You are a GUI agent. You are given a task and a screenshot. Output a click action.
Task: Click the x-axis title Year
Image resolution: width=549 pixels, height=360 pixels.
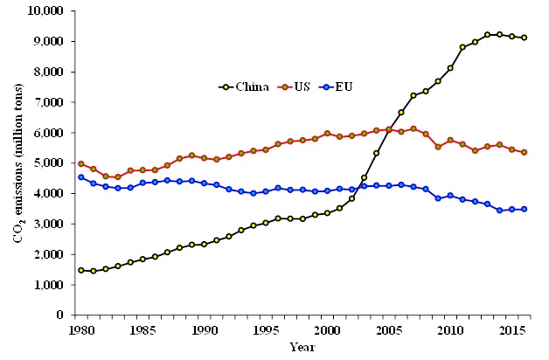click(x=302, y=348)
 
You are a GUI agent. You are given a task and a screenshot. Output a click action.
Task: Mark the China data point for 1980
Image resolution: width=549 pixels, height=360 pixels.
click(x=80, y=270)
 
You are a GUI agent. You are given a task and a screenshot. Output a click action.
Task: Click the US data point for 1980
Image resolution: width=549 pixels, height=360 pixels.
click(x=80, y=163)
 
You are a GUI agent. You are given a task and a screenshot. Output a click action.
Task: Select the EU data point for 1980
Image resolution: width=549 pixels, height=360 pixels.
click(x=80, y=177)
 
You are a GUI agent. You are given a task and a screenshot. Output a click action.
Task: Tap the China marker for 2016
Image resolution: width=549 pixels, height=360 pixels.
click(x=524, y=38)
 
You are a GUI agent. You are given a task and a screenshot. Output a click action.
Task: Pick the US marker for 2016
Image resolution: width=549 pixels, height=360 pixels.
click(x=524, y=152)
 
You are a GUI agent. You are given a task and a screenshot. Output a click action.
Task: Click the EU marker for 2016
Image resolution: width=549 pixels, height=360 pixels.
click(x=524, y=209)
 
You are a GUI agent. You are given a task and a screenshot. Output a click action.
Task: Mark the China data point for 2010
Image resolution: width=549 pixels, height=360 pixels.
click(x=450, y=67)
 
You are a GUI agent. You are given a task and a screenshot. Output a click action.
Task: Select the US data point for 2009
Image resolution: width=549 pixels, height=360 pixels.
click(x=438, y=147)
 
